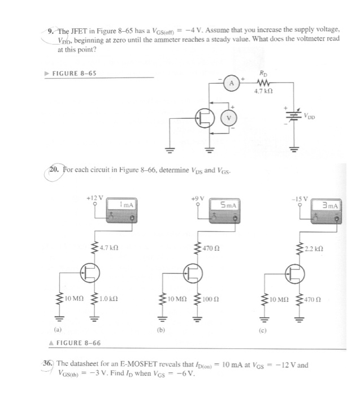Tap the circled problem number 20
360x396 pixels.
[55, 167]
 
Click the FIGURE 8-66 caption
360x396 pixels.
[79, 343]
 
